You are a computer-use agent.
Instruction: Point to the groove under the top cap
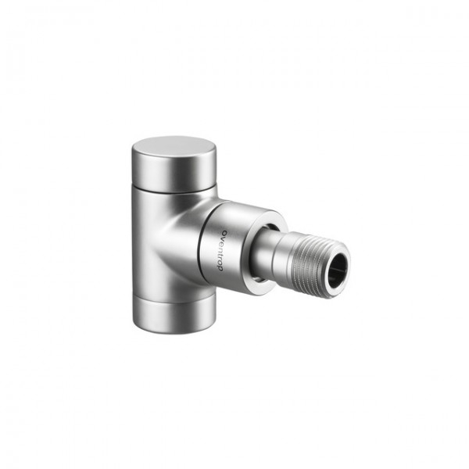click(x=172, y=192)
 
